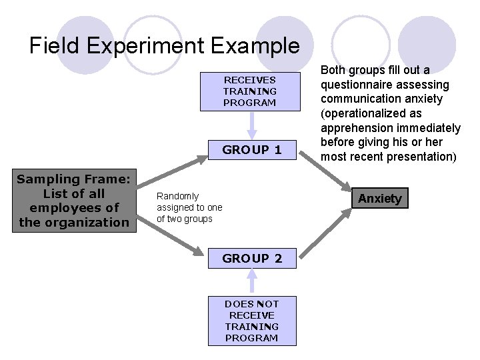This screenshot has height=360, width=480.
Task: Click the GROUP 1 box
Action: click(252, 150)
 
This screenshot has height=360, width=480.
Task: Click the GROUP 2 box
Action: click(252, 258)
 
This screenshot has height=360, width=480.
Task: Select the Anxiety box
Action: click(380, 198)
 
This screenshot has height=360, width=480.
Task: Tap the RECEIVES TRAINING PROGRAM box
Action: click(250, 91)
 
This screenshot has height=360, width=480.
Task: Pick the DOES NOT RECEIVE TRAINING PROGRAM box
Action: click(252, 321)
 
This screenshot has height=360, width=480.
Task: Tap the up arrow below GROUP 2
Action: click(251, 280)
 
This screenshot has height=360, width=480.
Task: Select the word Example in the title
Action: click(256, 45)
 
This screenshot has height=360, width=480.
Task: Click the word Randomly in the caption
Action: click(177, 196)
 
